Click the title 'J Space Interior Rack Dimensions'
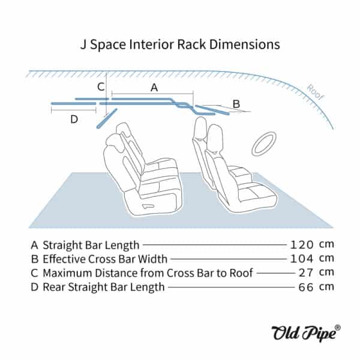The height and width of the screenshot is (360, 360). click(180, 44)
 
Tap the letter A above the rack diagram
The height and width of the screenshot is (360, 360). click(154, 88)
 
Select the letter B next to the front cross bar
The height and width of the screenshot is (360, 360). click(236, 104)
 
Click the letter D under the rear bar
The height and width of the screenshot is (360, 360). click(74, 119)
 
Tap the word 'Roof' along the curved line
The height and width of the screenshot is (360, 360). click(316, 91)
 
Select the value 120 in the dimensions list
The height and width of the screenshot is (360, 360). click(301, 245)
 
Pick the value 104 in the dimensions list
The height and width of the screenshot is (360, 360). click(301, 259)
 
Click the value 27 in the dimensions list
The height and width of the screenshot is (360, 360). click(306, 272)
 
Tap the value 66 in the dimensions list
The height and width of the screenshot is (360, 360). click(306, 287)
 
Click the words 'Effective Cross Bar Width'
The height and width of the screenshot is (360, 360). click(106, 259)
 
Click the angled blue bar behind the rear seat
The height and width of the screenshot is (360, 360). click(106, 118)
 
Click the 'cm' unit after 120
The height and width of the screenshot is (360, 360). click(326, 245)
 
